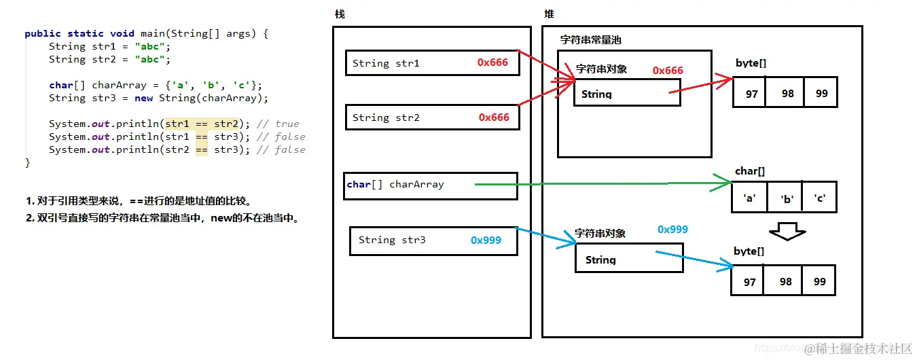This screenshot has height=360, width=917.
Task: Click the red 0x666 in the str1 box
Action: coord(492,62)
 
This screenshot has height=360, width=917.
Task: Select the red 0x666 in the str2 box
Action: coord(494,118)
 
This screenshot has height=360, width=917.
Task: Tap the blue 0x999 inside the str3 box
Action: coord(486,240)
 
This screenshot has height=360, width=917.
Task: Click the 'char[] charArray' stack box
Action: coord(430,185)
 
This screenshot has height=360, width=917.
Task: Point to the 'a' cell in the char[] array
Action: coord(750,198)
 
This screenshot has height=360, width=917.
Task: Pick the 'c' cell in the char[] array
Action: coord(819,198)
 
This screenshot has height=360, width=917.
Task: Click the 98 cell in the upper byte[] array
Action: coord(787,93)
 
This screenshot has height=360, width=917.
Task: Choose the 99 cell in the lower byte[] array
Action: coord(819,281)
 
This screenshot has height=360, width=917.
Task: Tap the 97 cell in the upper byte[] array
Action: coord(751,93)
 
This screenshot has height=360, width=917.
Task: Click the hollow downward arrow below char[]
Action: coord(791,231)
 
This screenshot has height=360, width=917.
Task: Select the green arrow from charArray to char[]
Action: coord(598,183)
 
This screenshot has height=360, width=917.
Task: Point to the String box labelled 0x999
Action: coord(628,259)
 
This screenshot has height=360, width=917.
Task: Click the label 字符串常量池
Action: coord(590,40)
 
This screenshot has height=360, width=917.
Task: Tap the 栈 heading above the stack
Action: coord(340,14)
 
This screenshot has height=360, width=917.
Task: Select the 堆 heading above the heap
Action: coord(549,14)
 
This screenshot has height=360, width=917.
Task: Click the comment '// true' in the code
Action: coord(278,124)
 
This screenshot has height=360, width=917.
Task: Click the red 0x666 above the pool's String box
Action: coord(668,71)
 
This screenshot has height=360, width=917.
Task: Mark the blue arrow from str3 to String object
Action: coord(547,237)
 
